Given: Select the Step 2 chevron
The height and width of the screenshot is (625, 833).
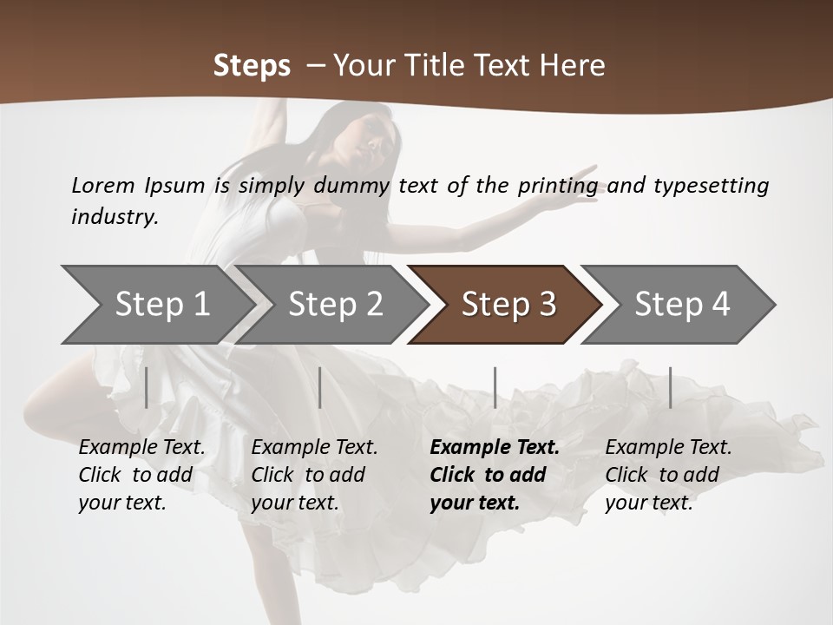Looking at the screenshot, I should pyautogui.click(x=335, y=305).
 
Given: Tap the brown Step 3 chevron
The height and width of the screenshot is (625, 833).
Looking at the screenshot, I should pyautogui.click(x=508, y=305).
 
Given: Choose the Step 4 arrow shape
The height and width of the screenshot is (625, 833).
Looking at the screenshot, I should pyautogui.click(x=682, y=305).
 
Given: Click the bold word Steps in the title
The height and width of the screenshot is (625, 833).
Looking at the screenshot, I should pyautogui.click(x=252, y=66).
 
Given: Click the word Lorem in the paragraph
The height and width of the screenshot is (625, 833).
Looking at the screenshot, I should pyautogui.click(x=103, y=185).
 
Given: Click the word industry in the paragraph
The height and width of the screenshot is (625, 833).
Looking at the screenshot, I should pyautogui.click(x=114, y=216).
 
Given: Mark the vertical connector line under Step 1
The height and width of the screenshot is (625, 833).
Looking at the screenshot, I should pyautogui.click(x=146, y=387).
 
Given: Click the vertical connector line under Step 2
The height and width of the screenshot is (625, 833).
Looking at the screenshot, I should pyautogui.click(x=320, y=387).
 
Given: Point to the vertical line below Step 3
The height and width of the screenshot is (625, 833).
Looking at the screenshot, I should pyautogui.click(x=495, y=387).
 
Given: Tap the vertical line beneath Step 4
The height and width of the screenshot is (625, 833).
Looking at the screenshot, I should pyautogui.click(x=670, y=387).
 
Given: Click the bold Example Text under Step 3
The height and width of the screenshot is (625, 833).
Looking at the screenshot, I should pyautogui.click(x=495, y=448).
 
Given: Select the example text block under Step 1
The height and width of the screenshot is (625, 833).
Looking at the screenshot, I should pyautogui.click(x=141, y=475).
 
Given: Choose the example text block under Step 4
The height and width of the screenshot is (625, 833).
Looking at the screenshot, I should pyautogui.click(x=667, y=475).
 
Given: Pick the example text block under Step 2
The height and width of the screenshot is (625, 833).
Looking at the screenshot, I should pyautogui.click(x=314, y=475).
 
